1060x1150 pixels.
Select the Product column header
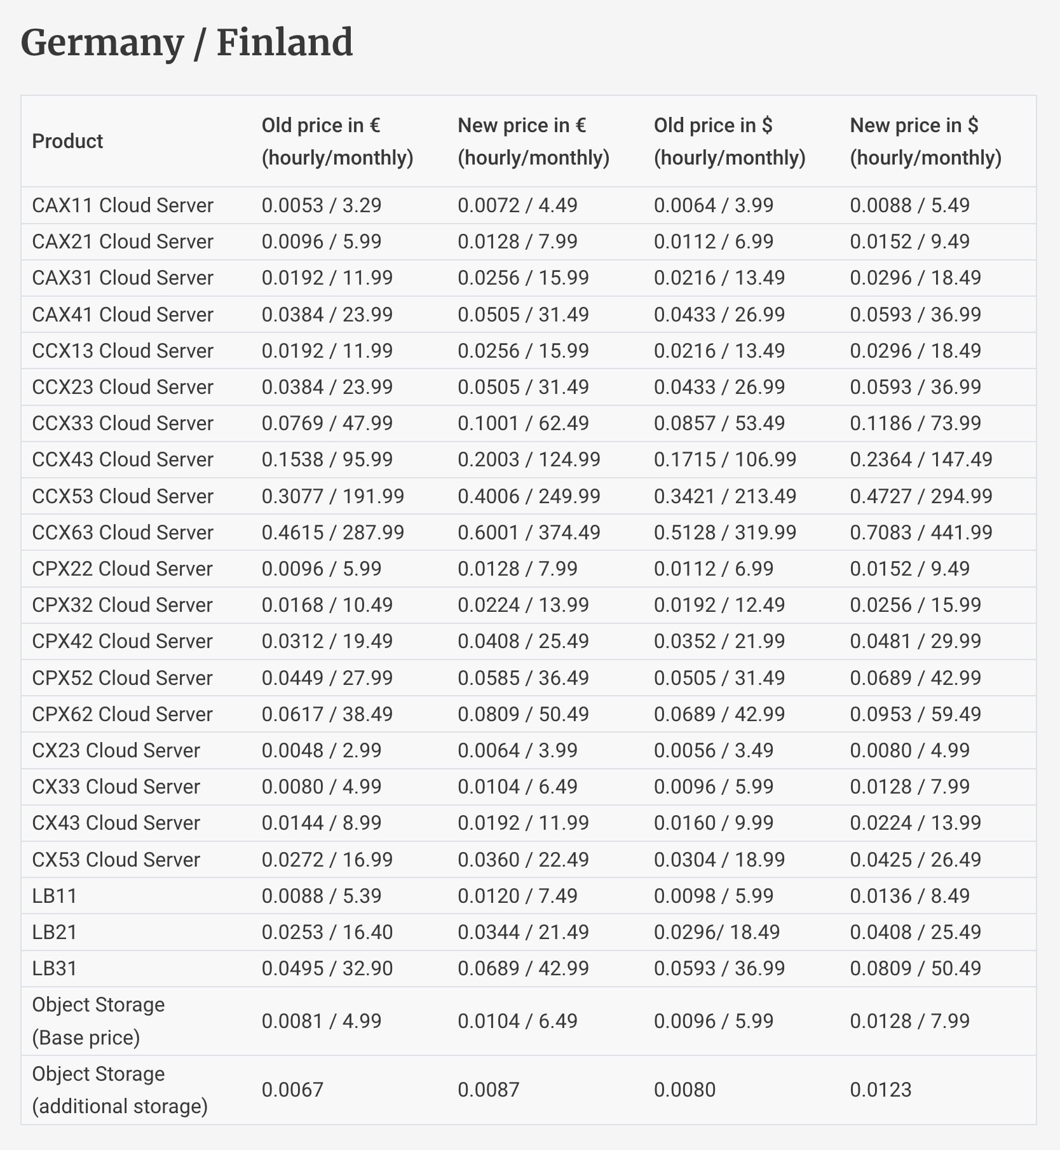pyautogui.click(x=67, y=141)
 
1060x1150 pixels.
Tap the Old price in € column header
pyautogui.click(x=337, y=141)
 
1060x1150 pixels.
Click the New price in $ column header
pyautogui.click(x=925, y=141)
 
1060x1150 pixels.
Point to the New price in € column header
pyautogui.click(x=533, y=141)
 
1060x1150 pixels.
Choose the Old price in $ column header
pyautogui.click(x=730, y=141)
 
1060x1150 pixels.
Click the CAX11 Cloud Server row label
pyautogui.click(x=123, y=205)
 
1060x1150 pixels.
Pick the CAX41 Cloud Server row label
pyautogui.click(x=123, y=315)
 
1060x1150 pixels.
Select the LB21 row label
pyautogui.click(x=55, y=932)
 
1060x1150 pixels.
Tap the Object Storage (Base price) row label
pyautogui.click(x=98, y=1021)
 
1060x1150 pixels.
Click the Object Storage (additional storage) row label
pyautogui.click(x=119, y=1090)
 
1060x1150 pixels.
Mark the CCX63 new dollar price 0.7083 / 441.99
pyautogui.click(x=921, y=532)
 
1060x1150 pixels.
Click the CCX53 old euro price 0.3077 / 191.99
pyautogui.click(x=332, y=496)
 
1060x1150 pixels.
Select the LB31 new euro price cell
pyautogui.click(x=523, y=968)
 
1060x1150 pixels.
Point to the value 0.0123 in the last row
pyautogui.click(x=880, y=1090)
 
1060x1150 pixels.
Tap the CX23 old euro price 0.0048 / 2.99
pyautogui.click(x=321, y=750)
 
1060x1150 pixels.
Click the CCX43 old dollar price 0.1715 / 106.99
pyautogui.click(x=724, y=459)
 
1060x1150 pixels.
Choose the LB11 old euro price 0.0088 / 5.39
pyautogui.click(x=321, y=896)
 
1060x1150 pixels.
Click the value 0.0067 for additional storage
pyautogui.click(x=292, y=1090)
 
